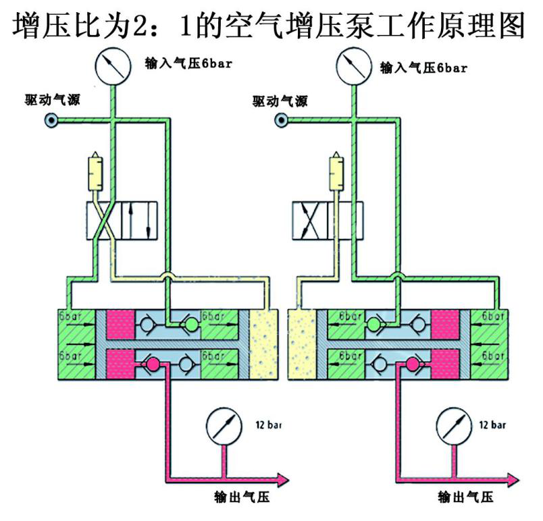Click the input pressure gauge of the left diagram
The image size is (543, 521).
(x=113, y=66)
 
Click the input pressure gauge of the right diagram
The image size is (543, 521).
(x=354, y=66)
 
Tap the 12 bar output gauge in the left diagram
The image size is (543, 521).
(x=224, y=427)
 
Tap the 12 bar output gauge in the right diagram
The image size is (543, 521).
(x=454, y=427)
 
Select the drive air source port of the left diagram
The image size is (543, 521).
(x=51, y=120)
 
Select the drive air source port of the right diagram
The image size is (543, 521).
(x=281, y=120)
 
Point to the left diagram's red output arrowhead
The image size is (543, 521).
(x=283, y=480)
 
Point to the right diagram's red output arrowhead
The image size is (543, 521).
(x=513, y=480)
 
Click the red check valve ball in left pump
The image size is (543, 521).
(x=153, y=364)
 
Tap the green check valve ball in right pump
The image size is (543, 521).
(x=373, y=325)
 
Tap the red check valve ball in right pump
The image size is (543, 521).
(x=412, y=364)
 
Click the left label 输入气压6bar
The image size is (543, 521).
(x=188, y=63)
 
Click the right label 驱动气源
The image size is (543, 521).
(x=280, y=101)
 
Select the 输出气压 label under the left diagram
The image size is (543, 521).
(x=242, y=497)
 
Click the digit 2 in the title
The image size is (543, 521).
(x=140, y=26)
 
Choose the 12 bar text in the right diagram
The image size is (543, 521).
(x=492, y=424)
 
